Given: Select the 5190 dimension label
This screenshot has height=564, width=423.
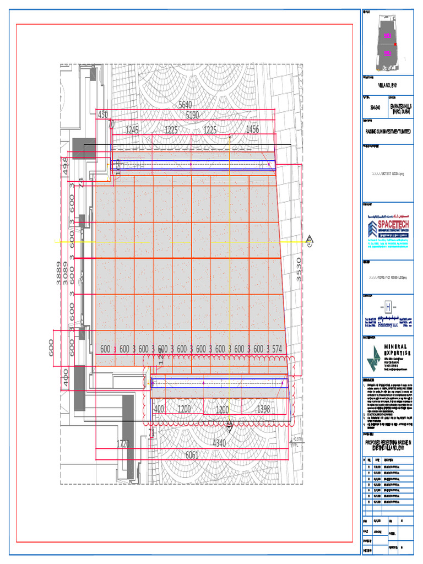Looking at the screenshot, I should click(x=192, y=115).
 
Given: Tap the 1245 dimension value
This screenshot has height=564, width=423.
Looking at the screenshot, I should click(x=132, y=130).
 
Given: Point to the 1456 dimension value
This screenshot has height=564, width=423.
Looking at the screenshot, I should click(x=252, y=130).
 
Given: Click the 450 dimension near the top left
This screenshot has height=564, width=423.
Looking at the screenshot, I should click(x=103, y=115).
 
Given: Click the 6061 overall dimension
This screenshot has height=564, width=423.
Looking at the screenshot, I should click(x=192, y=454).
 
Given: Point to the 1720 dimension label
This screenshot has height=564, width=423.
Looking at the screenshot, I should click(x=124, y=443).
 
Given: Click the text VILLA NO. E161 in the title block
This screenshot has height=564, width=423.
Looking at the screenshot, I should click(x=387, y=85).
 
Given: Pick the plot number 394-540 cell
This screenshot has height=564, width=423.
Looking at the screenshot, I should click(x=375, y=108).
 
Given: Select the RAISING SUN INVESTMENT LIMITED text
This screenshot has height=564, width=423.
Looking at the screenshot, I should click(x=387, y=132).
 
